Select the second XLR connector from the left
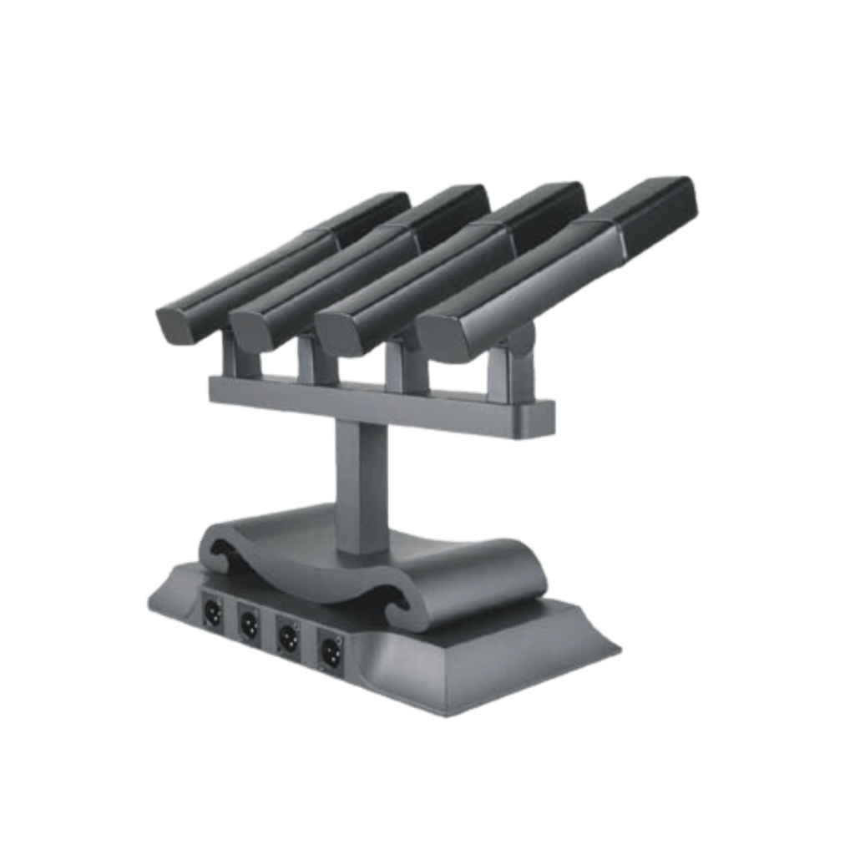tap(249, 621)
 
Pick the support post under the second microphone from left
tap(314, 364)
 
